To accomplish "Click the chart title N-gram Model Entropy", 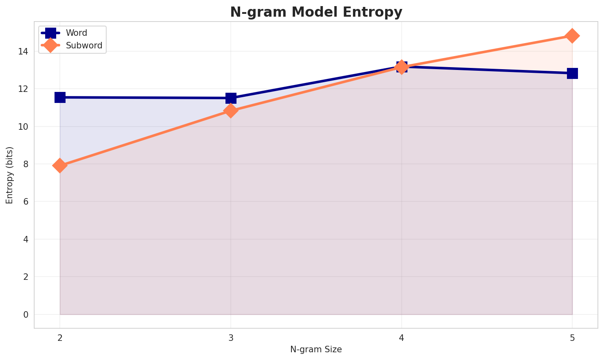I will (x=316, y=12).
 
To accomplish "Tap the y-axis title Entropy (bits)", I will (x=9, y=175).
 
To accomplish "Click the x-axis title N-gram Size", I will (x=316, y=349).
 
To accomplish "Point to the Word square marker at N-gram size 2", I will (x=60, y=97).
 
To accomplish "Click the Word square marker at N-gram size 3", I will (x=231, y=98).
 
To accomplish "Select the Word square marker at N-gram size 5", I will (x=572, y=73).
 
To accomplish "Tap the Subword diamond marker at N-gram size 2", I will (x=60, y=166).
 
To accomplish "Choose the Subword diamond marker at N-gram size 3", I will (x=231, y=111).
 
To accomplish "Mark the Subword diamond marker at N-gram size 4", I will (x=402, y=67).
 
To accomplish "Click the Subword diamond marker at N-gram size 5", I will (x=572, y=36).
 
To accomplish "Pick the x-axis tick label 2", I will (x=60, y=338).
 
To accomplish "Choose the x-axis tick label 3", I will (x=231, y=338).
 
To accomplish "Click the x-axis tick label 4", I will (x=402, y=338).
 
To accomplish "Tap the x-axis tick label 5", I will (x=572, y=338).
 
